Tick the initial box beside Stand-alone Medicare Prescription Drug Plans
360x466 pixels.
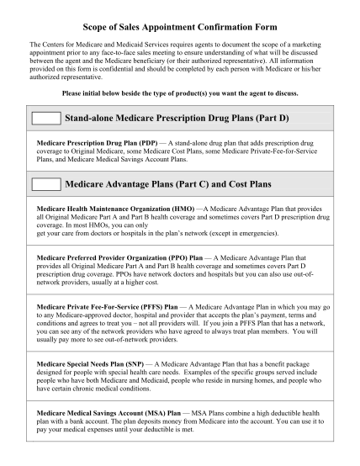coord(47,117)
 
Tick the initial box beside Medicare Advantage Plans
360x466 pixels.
coord(47,183)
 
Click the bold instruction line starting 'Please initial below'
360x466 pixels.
coord(180,89)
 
